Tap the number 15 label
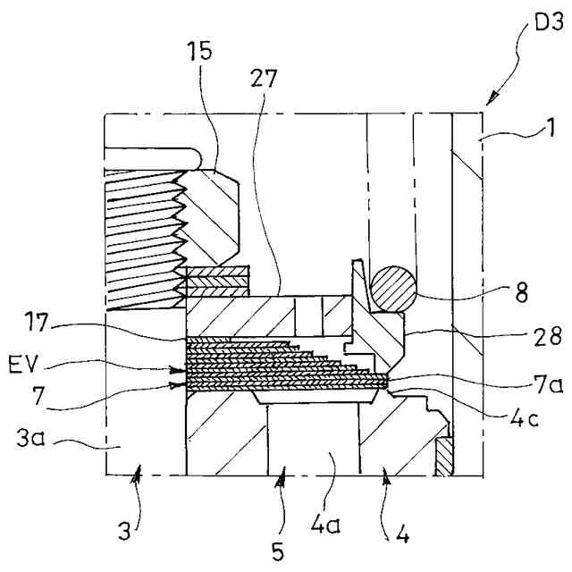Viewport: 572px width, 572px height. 201,51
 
